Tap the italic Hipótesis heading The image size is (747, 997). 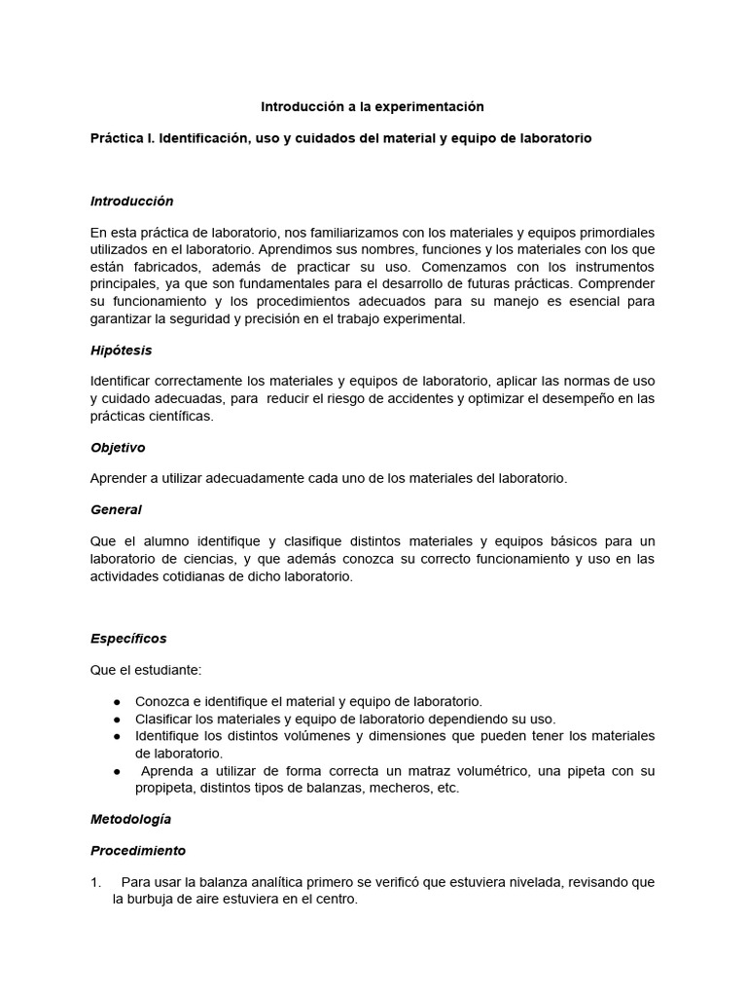point(121,350)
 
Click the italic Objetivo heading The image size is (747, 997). point(118,448)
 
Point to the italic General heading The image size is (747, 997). point(116,509)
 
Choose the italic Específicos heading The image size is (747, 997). point(128,639)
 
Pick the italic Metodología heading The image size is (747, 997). point(130,819)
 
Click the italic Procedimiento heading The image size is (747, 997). point(138,850)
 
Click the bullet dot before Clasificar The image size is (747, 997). point(117,719)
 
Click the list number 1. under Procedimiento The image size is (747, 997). point(95,882)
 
